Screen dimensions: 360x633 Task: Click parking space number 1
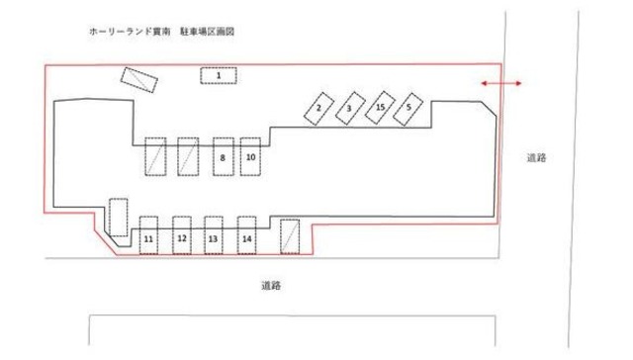coord(221,74)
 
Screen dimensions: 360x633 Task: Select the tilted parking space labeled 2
coord(319,108)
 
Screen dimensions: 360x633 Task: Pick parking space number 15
coord(380,107)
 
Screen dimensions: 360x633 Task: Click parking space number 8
coord(223,157)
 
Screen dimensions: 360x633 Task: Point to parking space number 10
coord(251,156)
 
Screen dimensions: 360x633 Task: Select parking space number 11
coord(148,237)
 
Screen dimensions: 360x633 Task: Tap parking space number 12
coord(182,237)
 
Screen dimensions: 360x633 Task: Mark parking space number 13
coord(214,237)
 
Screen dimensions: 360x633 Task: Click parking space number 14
coord(247,237)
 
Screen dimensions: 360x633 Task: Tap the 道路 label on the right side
coord(539,157)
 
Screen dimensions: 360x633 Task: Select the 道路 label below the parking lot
coord(272,286)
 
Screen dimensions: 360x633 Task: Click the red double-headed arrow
coord(501,85)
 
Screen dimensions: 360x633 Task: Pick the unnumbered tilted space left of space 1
coord(138,79)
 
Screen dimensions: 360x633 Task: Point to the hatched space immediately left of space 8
coord(188,157)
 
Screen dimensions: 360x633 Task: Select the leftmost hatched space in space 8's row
coord(155,157)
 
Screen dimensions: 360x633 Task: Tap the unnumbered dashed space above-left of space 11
coord(119,218)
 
